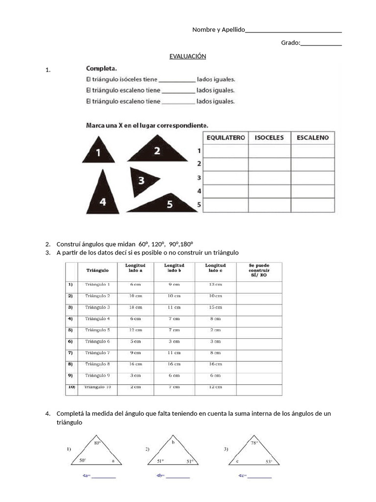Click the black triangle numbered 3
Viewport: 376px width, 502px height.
[142, 180]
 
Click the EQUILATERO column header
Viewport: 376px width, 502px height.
[225, 138]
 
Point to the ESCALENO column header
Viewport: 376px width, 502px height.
[313, 138]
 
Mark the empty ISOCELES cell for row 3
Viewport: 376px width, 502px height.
[269, 177]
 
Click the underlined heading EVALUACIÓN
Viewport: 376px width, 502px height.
[188, 56]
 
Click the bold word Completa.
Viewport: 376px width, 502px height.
[101, 68]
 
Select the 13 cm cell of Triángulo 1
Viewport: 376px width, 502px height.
[215, 284]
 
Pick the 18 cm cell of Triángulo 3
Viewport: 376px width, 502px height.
[135, 307]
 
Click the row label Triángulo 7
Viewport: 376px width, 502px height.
[97, 352]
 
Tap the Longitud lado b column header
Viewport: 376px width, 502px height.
[174, 268]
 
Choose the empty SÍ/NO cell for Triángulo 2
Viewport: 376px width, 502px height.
[259, 296]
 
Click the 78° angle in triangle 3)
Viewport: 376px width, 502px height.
[254, 443]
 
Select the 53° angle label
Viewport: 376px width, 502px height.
[269, 461]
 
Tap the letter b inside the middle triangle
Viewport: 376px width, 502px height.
[173, 442]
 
